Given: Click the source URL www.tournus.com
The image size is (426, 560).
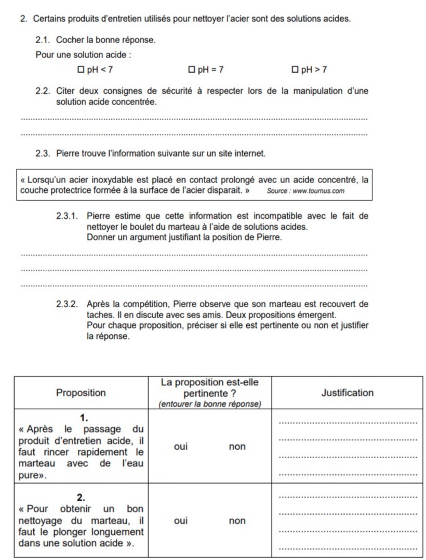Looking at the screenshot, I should point(319,191).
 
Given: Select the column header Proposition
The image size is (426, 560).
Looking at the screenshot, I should point(81,393).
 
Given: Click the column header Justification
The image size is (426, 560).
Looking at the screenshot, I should point(347,393).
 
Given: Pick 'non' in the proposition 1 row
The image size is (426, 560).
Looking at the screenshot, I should point(237,447).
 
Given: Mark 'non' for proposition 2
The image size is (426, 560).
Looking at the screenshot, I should point(237,520).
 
